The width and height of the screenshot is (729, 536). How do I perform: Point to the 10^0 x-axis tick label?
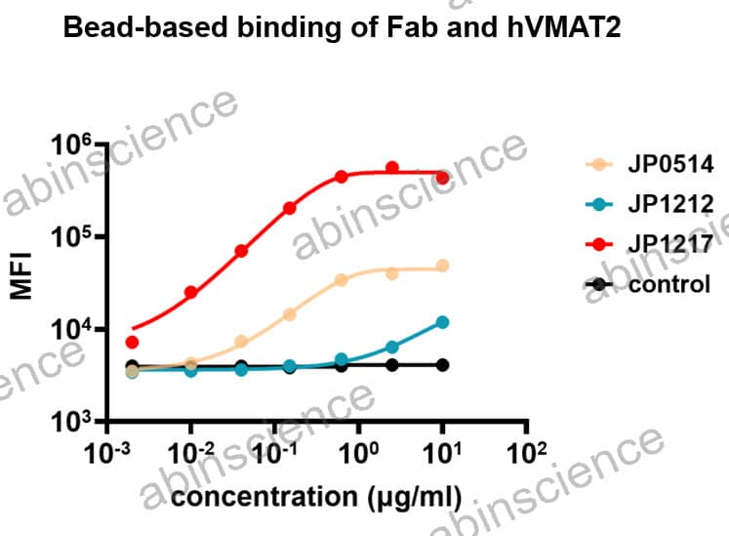pyautogui.click(x=360, y=454)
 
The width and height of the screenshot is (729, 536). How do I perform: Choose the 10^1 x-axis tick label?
pyautogui.click(x=444, y=454)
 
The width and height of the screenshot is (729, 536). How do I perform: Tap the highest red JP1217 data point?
pyautogui.click(x=392, y=168)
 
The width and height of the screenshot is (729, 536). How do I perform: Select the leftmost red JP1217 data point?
pyautogui.click(x=133, y=342)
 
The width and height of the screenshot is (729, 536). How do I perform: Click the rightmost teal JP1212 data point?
pyautogui.click(x=442, y=322)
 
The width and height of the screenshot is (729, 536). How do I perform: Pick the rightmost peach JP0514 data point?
pyautogui.click(x=442, y=266)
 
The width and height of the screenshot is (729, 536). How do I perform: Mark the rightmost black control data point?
pyautogui.click(x=442, y=365)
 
